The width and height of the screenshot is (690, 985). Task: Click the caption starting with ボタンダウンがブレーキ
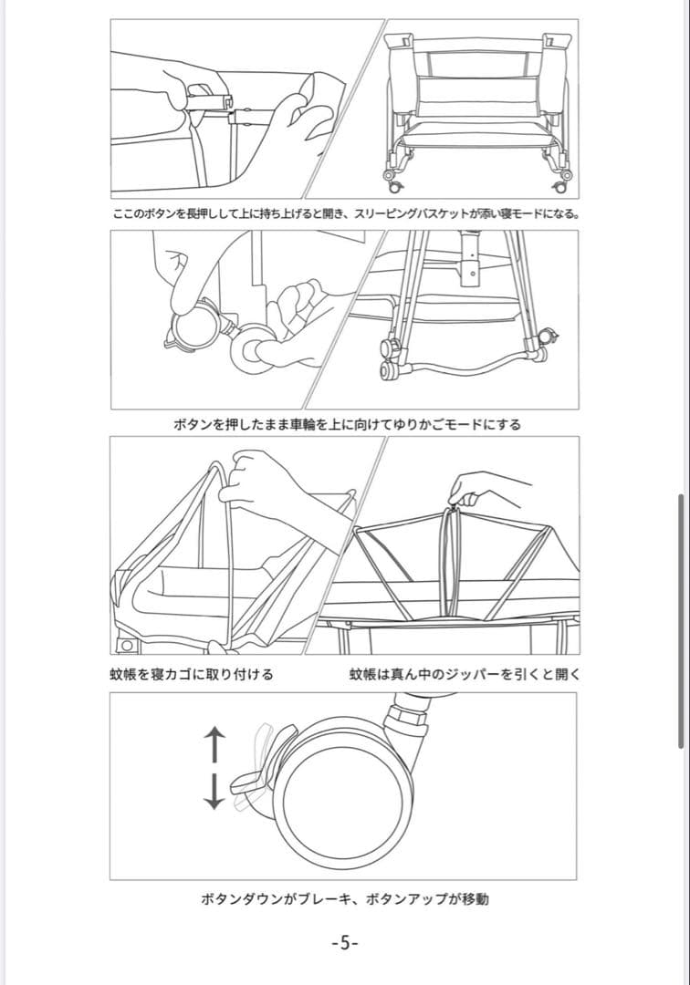pos(344,899)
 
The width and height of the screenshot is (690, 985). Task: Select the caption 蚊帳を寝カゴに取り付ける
pos(191,675)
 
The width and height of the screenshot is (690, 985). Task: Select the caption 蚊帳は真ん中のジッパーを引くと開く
pos(465,675)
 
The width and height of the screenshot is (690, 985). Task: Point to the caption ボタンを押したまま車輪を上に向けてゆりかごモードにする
pos(345,425)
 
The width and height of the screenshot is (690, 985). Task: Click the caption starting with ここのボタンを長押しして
pos(345,215)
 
